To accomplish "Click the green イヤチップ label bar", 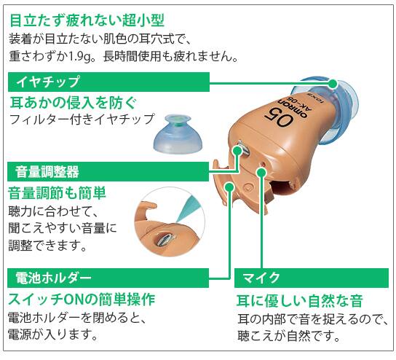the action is (x=108, y=82).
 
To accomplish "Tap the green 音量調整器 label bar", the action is (x=108, y=172).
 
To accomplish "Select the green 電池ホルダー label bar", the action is (x=108, y=278).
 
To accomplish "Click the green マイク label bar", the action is (x=312, y=278).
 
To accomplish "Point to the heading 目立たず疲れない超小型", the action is (x=87, y=20).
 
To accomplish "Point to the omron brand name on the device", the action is (x=293, y=106).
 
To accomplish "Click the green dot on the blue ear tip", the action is (x=333, y=83).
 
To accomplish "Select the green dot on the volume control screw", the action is (x=237, y=151).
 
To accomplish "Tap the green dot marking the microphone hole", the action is (x=261, y=173).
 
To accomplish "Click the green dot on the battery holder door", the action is (x=229, y=187).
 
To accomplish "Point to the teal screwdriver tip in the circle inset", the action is (x=187, y=209).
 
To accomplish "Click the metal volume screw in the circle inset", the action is (x=165, y=240).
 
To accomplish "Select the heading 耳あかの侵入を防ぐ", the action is (x=74, y=103).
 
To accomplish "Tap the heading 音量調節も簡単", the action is (x=57, y=193).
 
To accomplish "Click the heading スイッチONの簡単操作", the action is (x=82, y=300).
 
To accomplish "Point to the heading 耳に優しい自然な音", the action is (x=300, y=301).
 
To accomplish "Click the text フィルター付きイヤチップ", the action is (x=82, y=119).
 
